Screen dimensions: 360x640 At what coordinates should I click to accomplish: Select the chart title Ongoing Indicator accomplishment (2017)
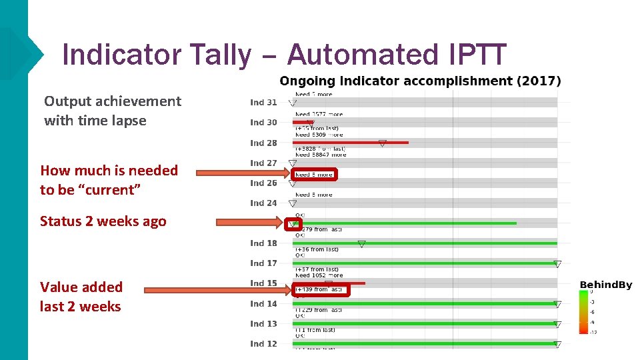click(420, 81)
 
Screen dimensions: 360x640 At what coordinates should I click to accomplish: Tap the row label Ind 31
click(263, 102)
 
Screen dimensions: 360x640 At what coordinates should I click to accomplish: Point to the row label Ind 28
click(263, 143)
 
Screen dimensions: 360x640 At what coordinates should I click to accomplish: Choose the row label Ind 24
click(263, 203)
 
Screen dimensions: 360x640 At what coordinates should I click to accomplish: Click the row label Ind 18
click(263, 243)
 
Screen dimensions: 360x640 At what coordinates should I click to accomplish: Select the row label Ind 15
click(263, 283)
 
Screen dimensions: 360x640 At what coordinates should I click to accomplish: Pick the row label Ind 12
click(263, 344)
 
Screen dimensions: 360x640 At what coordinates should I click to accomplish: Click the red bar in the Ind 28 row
click(350, 143)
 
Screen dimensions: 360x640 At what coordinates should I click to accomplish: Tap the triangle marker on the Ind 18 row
click(361, 244)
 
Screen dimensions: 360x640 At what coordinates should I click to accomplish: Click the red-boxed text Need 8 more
click(314, 175)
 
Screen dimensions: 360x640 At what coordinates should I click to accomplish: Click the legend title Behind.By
click(605, 285)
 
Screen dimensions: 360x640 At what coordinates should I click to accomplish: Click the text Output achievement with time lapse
click(112, 111)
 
